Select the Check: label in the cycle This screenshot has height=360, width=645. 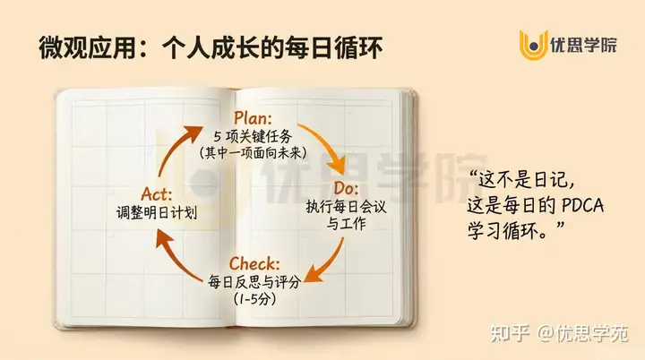pos(254,263)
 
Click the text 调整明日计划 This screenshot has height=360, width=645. pos(157,213)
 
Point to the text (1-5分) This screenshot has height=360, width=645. pos(254,298)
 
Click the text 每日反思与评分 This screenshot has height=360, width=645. pos(254,281)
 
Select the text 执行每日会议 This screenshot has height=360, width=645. pos(345,208)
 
